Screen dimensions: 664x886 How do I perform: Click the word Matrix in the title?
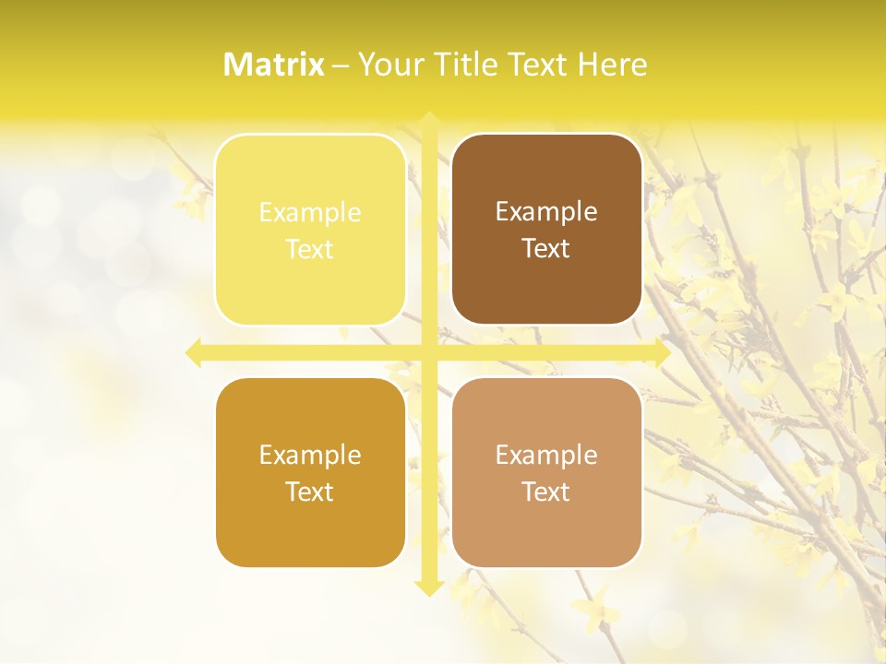point(274,65)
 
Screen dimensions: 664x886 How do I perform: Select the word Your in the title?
point(389,65)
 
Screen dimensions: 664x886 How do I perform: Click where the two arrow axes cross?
point(428,353)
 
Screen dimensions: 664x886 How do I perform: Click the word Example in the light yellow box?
point(310,213)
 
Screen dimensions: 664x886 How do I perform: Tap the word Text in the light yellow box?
point(310,249)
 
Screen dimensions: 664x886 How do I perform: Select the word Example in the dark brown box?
point(546,212)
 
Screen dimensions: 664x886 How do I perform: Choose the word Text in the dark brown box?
point(546,248)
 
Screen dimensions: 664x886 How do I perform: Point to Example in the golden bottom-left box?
point(310,456)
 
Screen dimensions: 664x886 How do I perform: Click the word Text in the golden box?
point(310,492)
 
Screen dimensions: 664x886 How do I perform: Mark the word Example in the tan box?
point(546,456)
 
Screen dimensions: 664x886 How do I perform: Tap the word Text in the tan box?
point(546,492)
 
